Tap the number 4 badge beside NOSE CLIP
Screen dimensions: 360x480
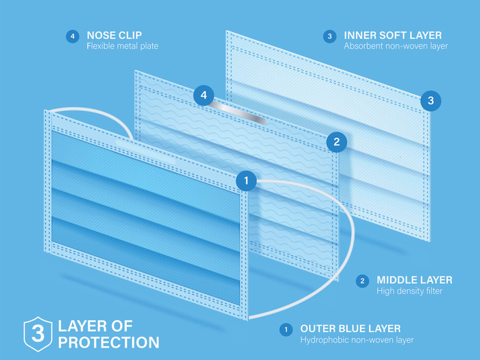[73, 36]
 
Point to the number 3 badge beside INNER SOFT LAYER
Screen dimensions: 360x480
[330, 36]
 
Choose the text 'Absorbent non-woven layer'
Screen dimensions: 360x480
[396, 47]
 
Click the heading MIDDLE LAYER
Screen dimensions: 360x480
[414, 280]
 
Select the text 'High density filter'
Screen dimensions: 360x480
[409, 291]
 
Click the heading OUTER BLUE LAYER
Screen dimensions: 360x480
[350, 328]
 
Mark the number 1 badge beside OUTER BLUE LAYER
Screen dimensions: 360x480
[285, 329]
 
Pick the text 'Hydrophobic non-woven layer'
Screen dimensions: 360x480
[357, 339]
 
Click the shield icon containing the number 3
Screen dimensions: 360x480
[38, 333]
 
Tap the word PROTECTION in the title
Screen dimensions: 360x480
[109, 341]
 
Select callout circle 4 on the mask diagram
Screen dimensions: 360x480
[204, 95]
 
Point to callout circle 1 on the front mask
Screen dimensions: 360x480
[246, 181]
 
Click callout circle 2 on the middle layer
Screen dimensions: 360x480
[336, 142]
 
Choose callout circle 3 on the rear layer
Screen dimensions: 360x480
[431, 100]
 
